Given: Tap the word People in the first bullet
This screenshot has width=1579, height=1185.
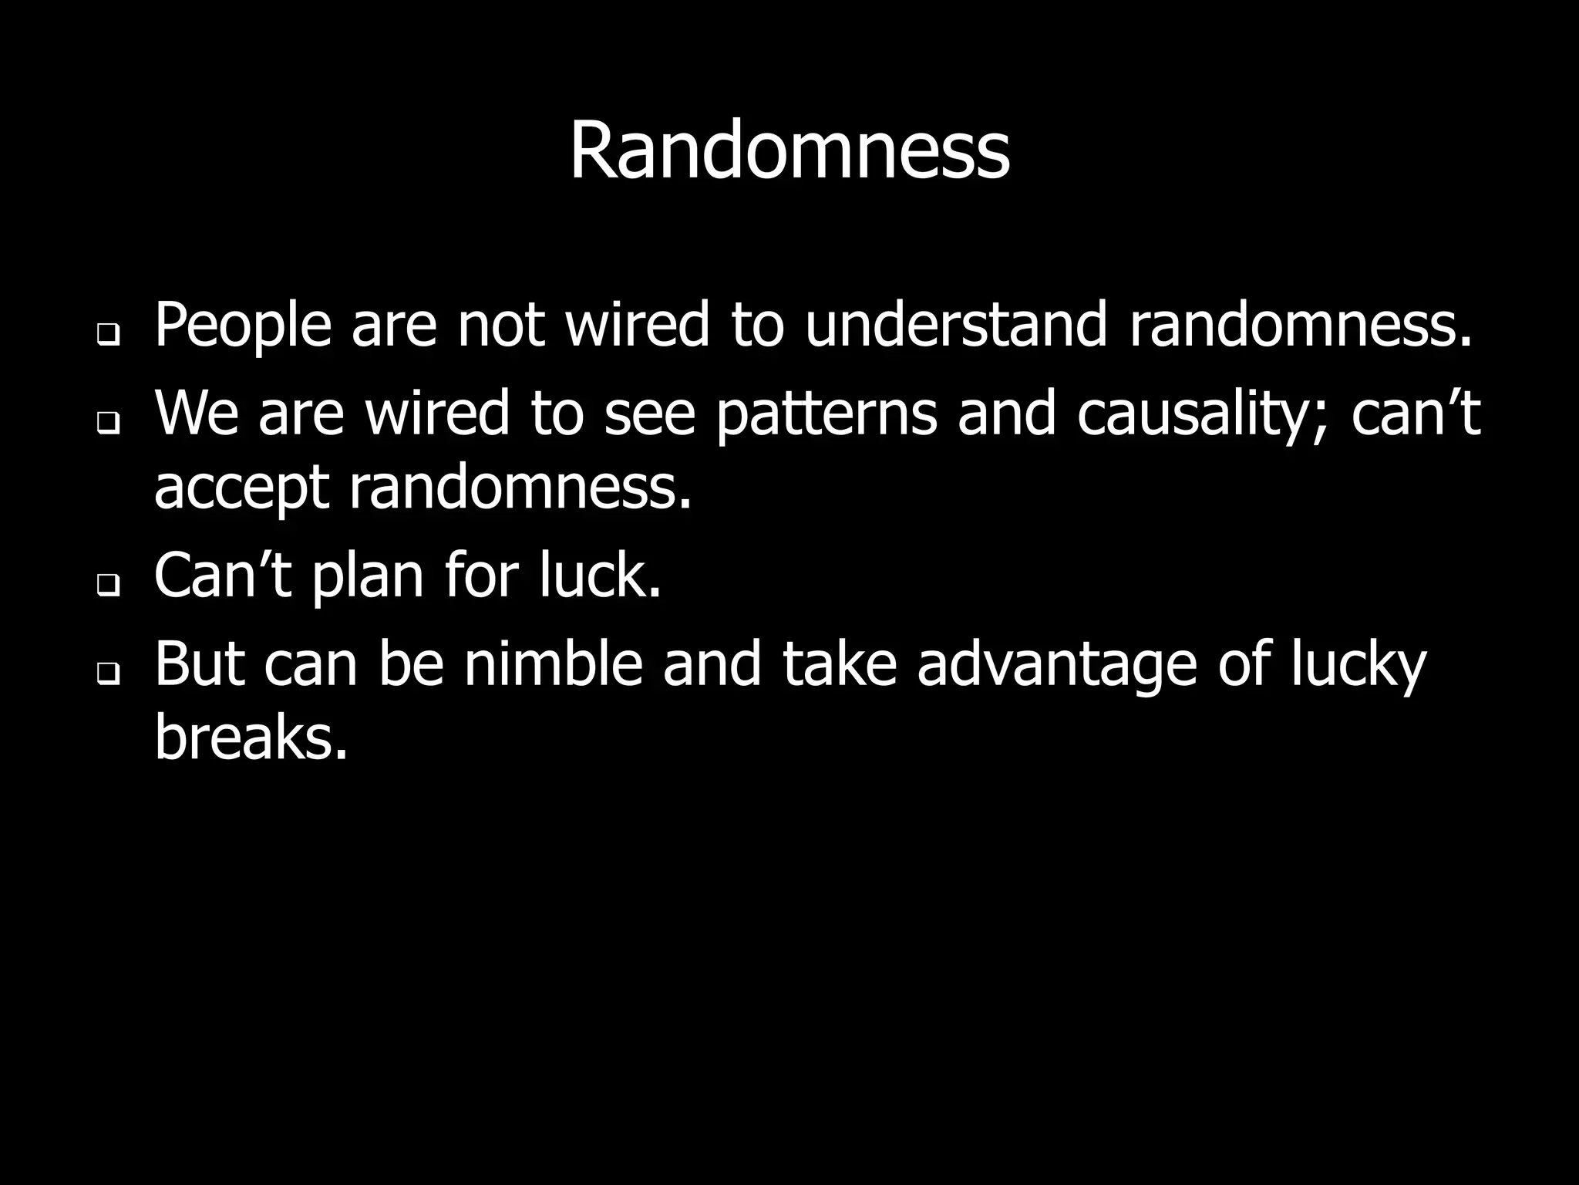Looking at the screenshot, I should tap(243, 326).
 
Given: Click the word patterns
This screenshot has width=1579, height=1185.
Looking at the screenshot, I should tap(826, 414).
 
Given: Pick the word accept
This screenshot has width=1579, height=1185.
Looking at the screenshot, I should tap(242, 489).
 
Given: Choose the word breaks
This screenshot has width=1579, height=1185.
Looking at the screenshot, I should tap(251, 736).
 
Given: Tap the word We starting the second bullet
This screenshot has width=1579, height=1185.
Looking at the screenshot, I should tap(197, 414).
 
